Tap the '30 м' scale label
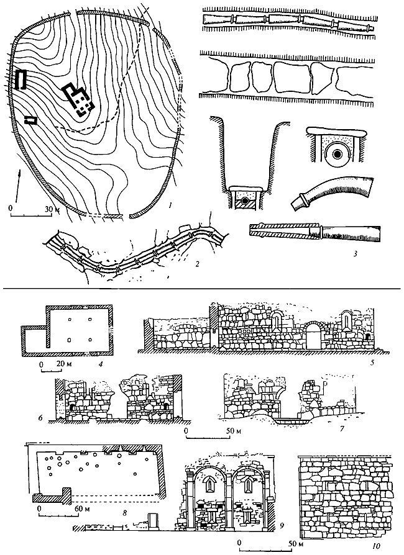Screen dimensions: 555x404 point(51,207)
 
